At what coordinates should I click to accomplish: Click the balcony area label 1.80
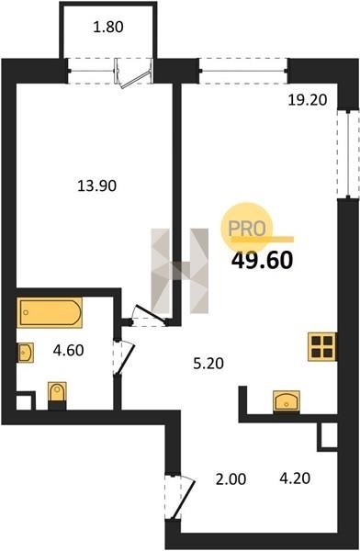pos(108,27)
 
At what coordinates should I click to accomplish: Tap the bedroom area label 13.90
pos(96,186)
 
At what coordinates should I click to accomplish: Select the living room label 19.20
pos(308,100)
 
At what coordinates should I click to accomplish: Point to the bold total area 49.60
pos(263,261)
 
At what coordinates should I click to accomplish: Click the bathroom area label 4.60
pos(68,351)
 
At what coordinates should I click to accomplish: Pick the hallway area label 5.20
pos(208,364)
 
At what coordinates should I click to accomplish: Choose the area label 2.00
pos(231,479)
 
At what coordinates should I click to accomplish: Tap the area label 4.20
pos(295,478)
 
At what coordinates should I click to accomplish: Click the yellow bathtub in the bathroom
pos(50,312)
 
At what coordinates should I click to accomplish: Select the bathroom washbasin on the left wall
pos(26,353)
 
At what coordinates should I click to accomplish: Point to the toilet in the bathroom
pos(57,395)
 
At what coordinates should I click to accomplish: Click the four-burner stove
pos(322,346)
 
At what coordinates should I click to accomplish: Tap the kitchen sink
pos(287,400)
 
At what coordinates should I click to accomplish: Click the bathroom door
pos(123,357)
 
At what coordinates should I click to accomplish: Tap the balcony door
pos(134,73)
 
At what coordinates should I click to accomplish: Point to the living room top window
pos(243,71)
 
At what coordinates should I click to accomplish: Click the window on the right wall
pos(348,153)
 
